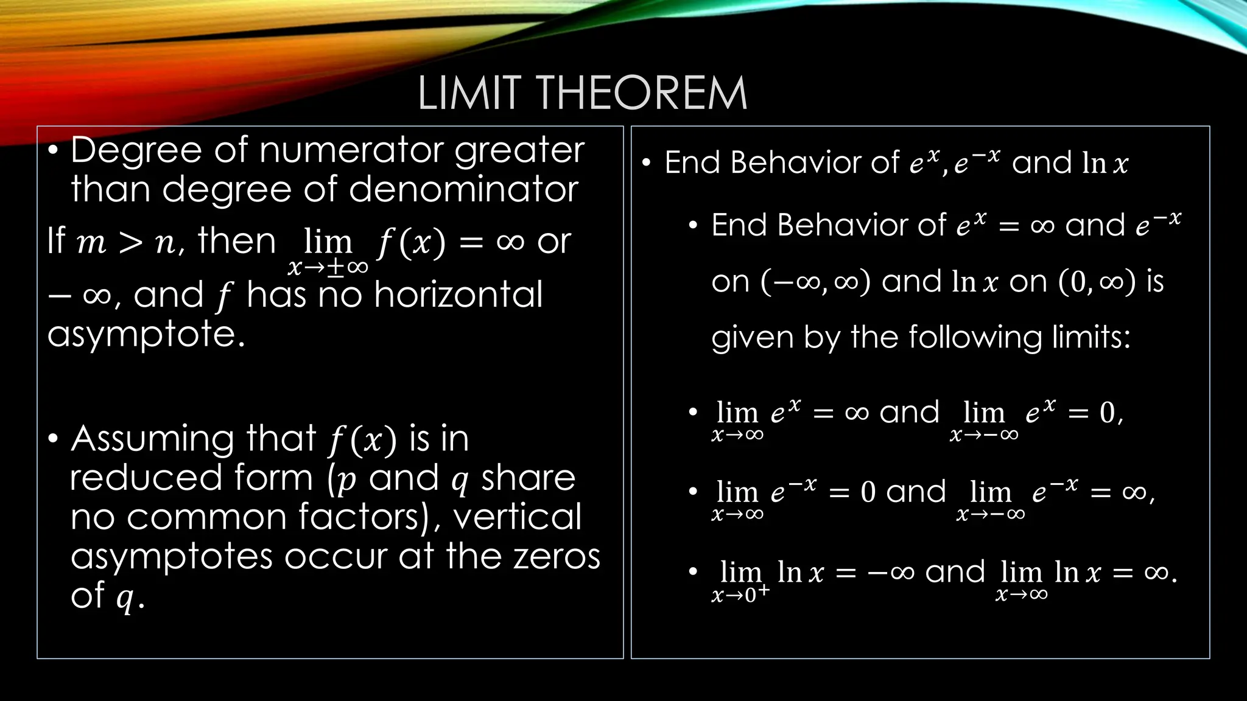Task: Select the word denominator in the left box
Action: coord(463,189)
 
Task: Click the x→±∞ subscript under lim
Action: coord(328,267)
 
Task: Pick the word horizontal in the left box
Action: coord(458,295)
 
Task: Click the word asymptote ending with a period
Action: coord(146,335)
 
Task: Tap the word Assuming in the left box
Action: coord(152,439)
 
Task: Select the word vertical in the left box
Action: coord(517,517)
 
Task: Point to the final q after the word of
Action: coord(125,598)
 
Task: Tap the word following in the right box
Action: coord(975,337)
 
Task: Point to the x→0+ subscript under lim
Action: coord(740,594)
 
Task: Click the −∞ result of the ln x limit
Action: coord(891,573)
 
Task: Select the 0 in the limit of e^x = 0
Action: coord(1107,413)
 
